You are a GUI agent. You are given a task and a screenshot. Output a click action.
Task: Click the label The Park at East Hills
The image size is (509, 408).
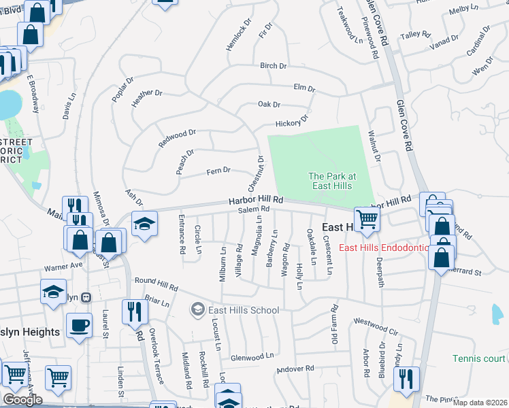(x=331, y=180)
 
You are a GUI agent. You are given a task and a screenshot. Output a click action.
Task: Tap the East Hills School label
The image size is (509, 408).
(x=244, y=310)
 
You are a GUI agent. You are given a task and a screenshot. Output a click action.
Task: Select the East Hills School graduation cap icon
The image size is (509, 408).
(x=197, y=310)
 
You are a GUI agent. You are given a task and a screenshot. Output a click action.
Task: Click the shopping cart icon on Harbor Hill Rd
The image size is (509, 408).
(x=367, y=219)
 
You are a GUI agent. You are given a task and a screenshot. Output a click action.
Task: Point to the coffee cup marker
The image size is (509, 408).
(x=80, y=325)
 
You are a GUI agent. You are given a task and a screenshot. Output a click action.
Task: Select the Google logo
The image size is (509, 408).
(x=22, y=400)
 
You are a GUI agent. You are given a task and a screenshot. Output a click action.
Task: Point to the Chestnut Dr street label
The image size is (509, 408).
(x=256, y=173)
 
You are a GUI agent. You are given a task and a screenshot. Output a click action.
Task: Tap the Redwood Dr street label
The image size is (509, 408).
(x=177, y=139)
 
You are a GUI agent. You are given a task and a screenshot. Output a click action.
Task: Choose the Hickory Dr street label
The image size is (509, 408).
(x=292, y=122)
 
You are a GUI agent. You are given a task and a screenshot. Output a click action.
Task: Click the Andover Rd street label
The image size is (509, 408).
(x=295, y=369)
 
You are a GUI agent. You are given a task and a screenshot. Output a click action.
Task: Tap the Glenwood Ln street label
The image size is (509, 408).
(x=252, y=356)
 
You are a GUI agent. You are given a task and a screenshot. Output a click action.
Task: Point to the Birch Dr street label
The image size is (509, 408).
(x=274, y=66)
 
